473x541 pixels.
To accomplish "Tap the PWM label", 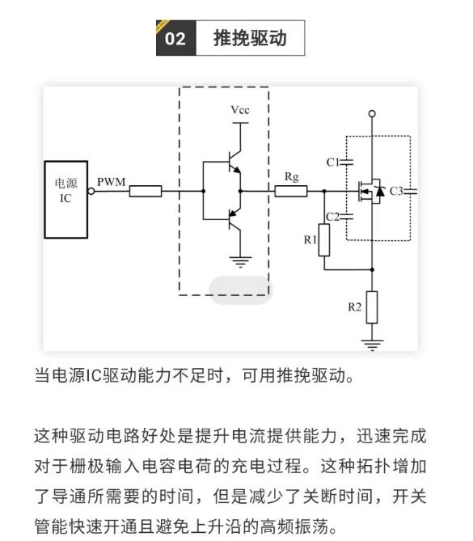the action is [x=111, y=182].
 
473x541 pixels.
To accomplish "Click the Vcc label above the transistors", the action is [x=240, y=110].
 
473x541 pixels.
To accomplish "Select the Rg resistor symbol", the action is [x=291, y=191].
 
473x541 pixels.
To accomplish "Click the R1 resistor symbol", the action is [x=323, y=240].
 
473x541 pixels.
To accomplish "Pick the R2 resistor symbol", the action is [x=372, y=307].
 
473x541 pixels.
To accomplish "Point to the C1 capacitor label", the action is [x=332, y=163].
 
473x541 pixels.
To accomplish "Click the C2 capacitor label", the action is [x=332, y=217].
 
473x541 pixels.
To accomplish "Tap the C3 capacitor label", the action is [x=396, y=191].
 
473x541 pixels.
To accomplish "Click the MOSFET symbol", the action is [x=370, y=191].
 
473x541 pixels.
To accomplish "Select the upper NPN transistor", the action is [x=234, y=163].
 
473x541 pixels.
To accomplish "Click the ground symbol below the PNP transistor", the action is [x=240, y=262].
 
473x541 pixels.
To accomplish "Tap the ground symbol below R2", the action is [x=372, y=344].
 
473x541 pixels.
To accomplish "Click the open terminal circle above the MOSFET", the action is [x=372, y=113].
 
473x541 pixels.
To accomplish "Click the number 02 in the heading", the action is [x=175, y=38].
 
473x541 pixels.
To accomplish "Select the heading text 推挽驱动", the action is [x=250, y=38].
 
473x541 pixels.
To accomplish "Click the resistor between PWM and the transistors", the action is [x=146, y=191].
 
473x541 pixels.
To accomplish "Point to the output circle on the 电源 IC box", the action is [x=91, y=191].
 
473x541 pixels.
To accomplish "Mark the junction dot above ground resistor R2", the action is [x=372, y=269].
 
